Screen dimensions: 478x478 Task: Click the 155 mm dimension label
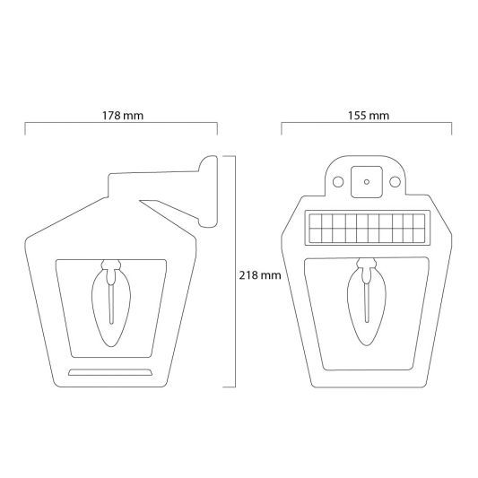click(367, 116)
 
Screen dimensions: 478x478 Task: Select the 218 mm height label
click(261, 275)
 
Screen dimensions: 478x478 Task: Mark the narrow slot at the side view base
click(111, 371)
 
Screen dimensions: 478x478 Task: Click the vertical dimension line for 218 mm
click(236, 269)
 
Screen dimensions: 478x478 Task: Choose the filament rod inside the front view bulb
click(365, 305)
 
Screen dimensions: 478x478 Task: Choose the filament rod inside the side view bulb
click(110, 305)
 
